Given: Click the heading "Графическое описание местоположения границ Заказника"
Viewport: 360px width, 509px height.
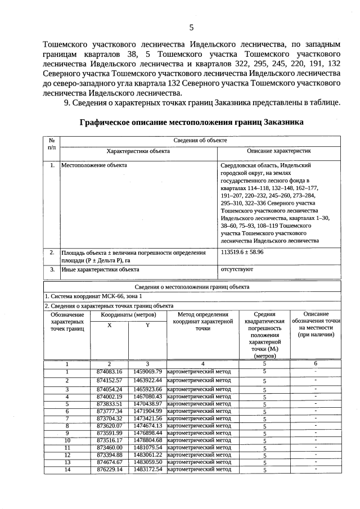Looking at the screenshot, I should (191, 121).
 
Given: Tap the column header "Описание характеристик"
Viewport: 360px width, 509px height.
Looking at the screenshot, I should (279, 151).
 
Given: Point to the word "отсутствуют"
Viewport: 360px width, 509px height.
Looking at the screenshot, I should (237, 269).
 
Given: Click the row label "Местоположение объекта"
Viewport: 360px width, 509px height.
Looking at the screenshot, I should (94, 166).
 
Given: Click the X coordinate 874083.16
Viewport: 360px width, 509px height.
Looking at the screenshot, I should (109, 372).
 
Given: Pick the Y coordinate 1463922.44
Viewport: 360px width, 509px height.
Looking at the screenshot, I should (147, 381).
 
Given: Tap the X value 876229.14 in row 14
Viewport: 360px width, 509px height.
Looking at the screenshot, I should (109, 469).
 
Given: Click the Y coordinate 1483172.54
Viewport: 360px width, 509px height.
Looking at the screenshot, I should (147, 469).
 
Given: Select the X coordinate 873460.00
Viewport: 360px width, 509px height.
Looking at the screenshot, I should (109, 447).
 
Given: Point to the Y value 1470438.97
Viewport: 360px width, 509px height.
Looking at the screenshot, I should (147, 404).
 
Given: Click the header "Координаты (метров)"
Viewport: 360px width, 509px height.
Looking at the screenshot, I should (128, 315).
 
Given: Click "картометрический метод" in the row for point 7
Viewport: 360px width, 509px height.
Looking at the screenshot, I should (200, 418).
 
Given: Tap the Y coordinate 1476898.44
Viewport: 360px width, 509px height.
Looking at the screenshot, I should (147, 433).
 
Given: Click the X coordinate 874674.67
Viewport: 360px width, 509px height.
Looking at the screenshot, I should (109, 462).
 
